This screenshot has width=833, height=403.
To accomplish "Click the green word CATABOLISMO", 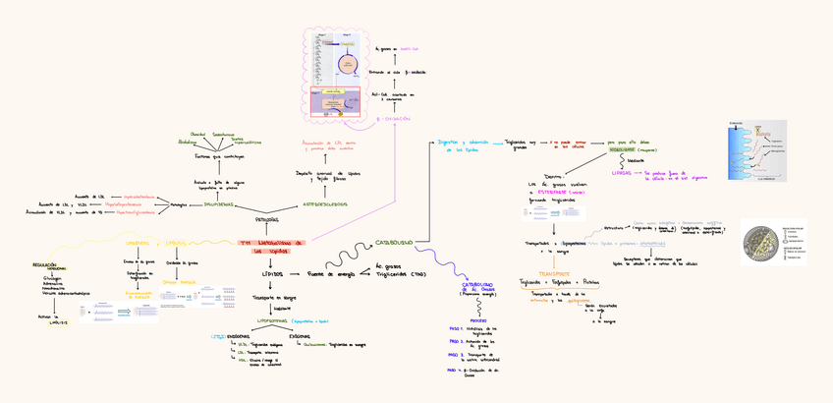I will pos(394,242).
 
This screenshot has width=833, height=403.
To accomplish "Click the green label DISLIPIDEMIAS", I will pos(218,204).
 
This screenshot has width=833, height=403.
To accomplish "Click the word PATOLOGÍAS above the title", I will pos(267,220).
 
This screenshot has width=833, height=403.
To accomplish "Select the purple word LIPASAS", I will pos(621,171).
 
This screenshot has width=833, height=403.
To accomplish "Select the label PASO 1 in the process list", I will pos(455,328).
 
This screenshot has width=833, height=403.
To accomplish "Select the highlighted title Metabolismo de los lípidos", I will pos(272,246).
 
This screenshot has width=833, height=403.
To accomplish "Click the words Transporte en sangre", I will pos(272,296).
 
